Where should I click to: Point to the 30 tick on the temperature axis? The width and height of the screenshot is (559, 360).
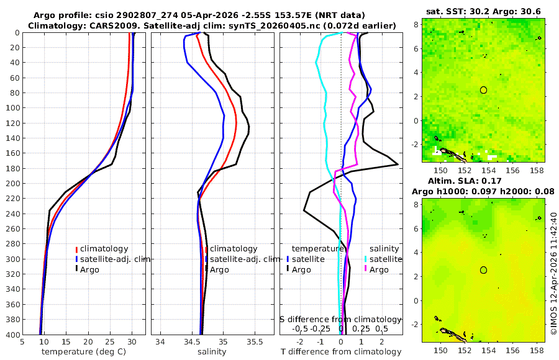coord(132,341)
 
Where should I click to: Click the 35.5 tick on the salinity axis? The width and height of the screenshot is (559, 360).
coord(255,341)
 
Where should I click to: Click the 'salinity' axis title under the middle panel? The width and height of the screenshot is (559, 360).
coord(212,352)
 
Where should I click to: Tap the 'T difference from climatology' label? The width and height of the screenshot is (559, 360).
coord(342,352)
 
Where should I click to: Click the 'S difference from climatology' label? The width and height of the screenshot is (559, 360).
coord(340,319)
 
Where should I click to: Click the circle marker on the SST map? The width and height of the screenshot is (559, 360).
coord(483,90)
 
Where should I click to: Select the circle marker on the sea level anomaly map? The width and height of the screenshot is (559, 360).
coord(483,270)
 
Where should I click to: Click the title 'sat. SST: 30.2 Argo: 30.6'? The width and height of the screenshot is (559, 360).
coord(483,12)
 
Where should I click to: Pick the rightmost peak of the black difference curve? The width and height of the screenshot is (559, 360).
coord(398,164)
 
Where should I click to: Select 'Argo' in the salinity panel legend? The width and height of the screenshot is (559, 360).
coord(219,269)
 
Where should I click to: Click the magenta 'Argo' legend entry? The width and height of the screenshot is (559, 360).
coord(379,269)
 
